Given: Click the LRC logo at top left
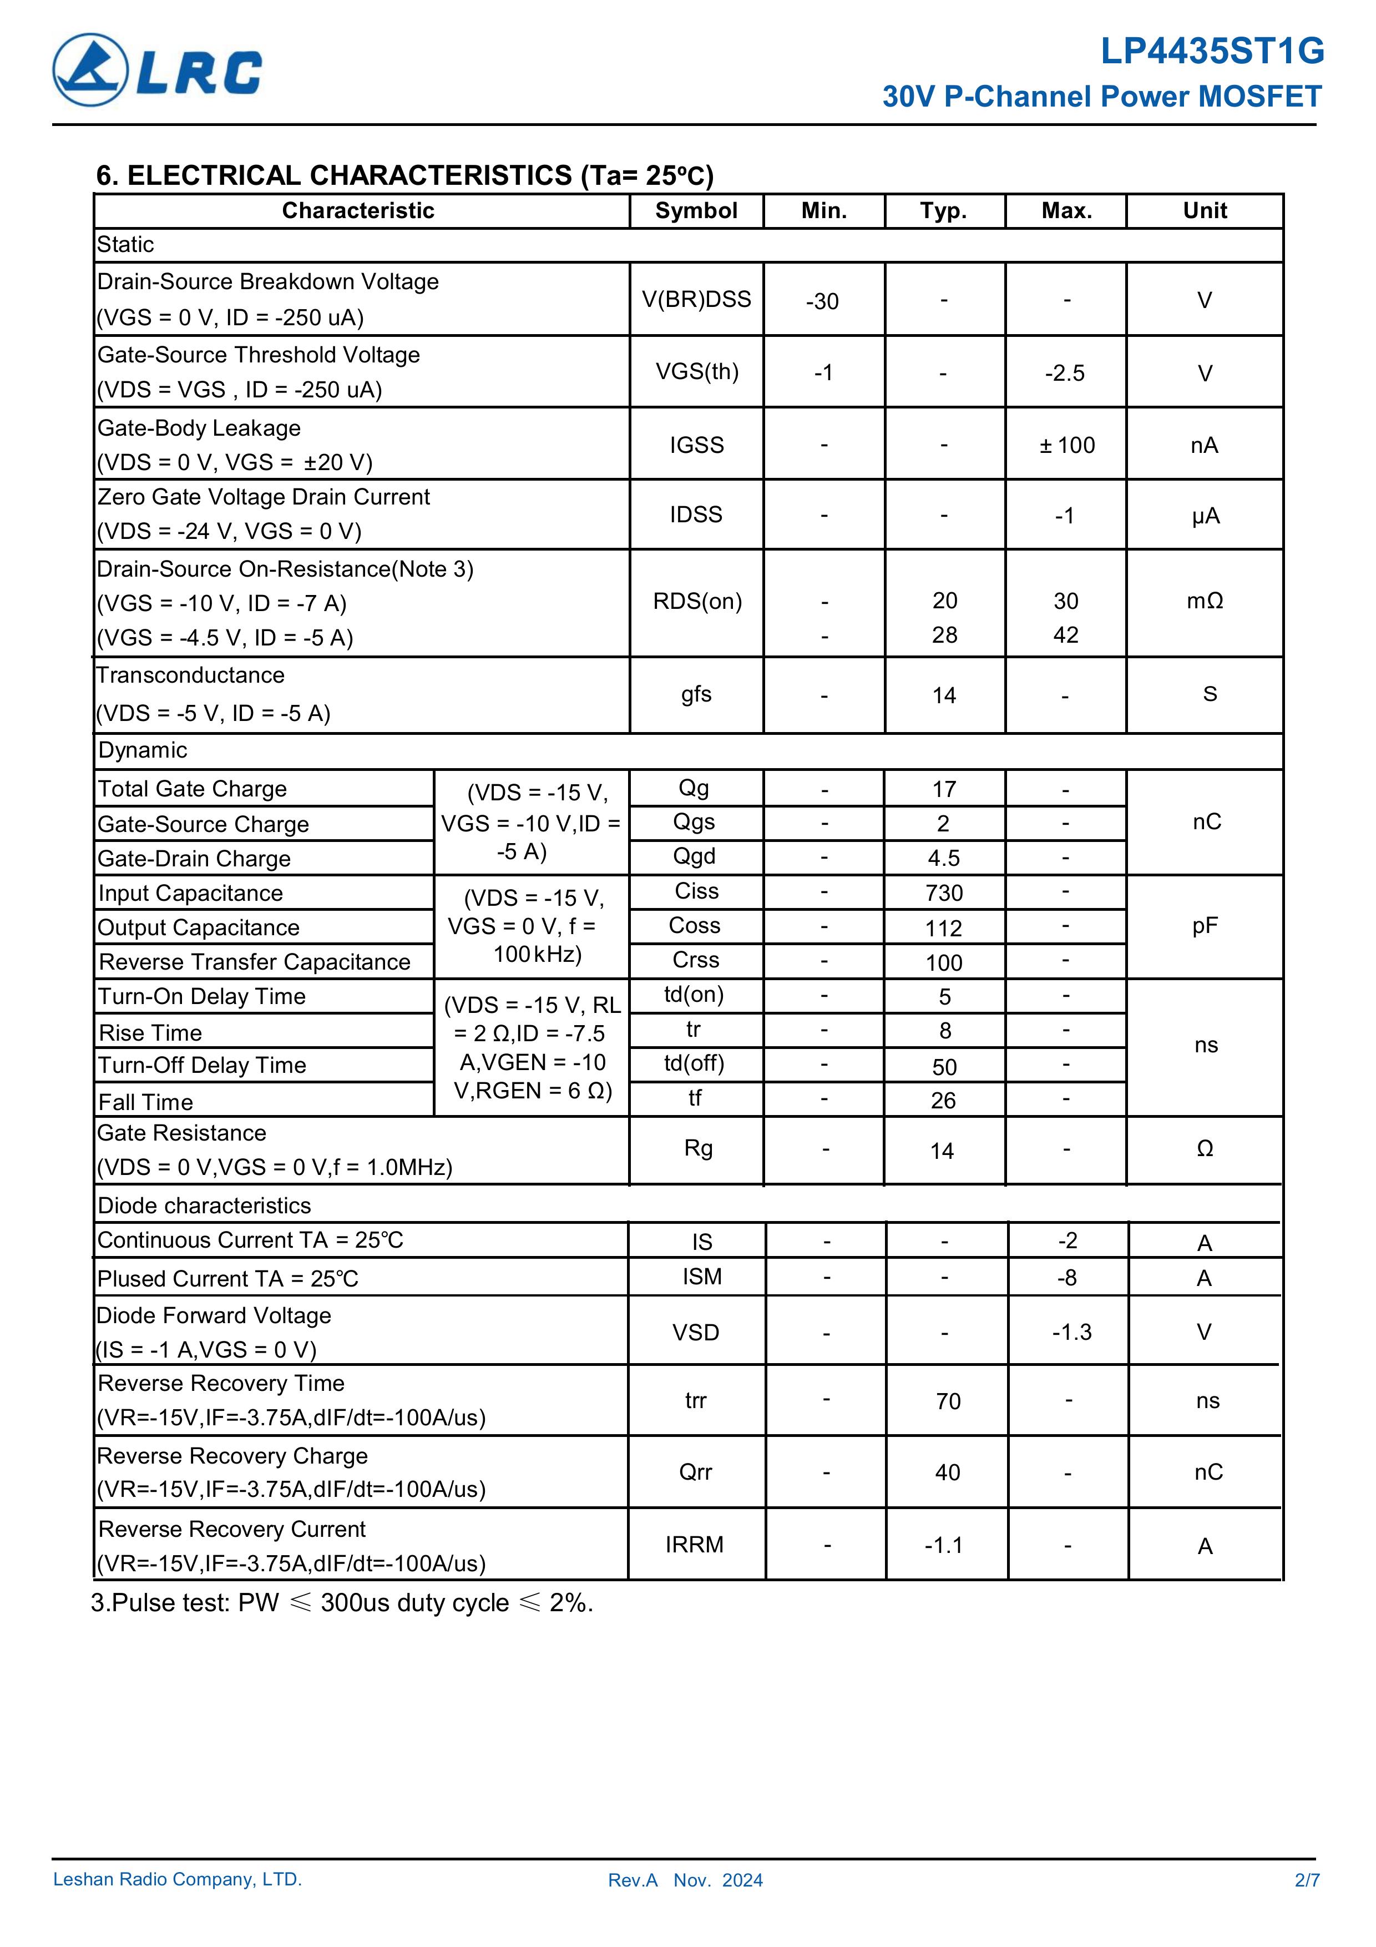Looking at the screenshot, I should tap(158, 70).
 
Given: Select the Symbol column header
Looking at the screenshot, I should tap(696, 211).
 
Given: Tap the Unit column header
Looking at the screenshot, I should tap(1205, 211).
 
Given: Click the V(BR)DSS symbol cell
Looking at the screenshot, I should tap(696, 299).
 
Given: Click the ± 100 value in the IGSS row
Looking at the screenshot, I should tap(1066, 445).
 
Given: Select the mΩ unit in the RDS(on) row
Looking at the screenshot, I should tap(1205, 601).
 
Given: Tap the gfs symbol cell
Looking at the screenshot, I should tap(696, 694).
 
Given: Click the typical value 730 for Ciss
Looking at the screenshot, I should tap(944, 893).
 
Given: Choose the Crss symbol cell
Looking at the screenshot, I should tap(695, 960).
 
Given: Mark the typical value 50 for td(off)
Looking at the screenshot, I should tap(944, 1067).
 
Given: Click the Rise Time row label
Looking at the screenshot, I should tap(151, 1033).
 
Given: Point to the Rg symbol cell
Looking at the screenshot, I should tap(698, 1148).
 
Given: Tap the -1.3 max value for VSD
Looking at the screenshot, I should tap(1071, 1332).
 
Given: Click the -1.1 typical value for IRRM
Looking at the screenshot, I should tap(944, 1545).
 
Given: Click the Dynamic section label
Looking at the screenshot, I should tap(143, 750).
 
